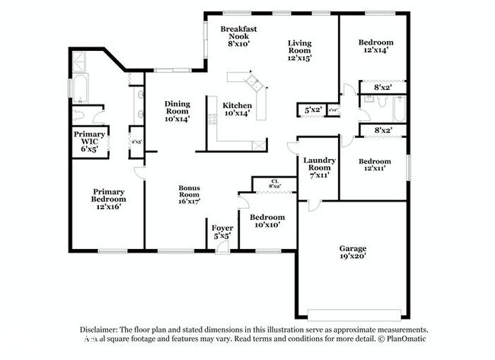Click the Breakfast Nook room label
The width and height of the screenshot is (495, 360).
[238, 37]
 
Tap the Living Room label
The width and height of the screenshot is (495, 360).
[300, 50]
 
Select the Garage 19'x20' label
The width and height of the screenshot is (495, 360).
[353, 253]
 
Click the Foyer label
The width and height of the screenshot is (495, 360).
[222, 231]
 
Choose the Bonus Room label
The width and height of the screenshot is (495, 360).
[189, 195]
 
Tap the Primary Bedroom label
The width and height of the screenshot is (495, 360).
[109, 199]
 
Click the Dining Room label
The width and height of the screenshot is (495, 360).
[177, 111]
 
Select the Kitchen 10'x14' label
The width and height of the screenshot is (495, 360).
[237, 110]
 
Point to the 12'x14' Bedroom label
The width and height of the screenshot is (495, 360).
[376, 46]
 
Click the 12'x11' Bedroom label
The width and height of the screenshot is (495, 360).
[375, 165]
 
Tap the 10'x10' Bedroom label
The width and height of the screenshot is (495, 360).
[270, 221]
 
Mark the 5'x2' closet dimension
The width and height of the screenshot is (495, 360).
[311, 111]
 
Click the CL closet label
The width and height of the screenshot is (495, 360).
[274, 183]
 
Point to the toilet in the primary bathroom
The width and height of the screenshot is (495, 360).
[78, 116]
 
